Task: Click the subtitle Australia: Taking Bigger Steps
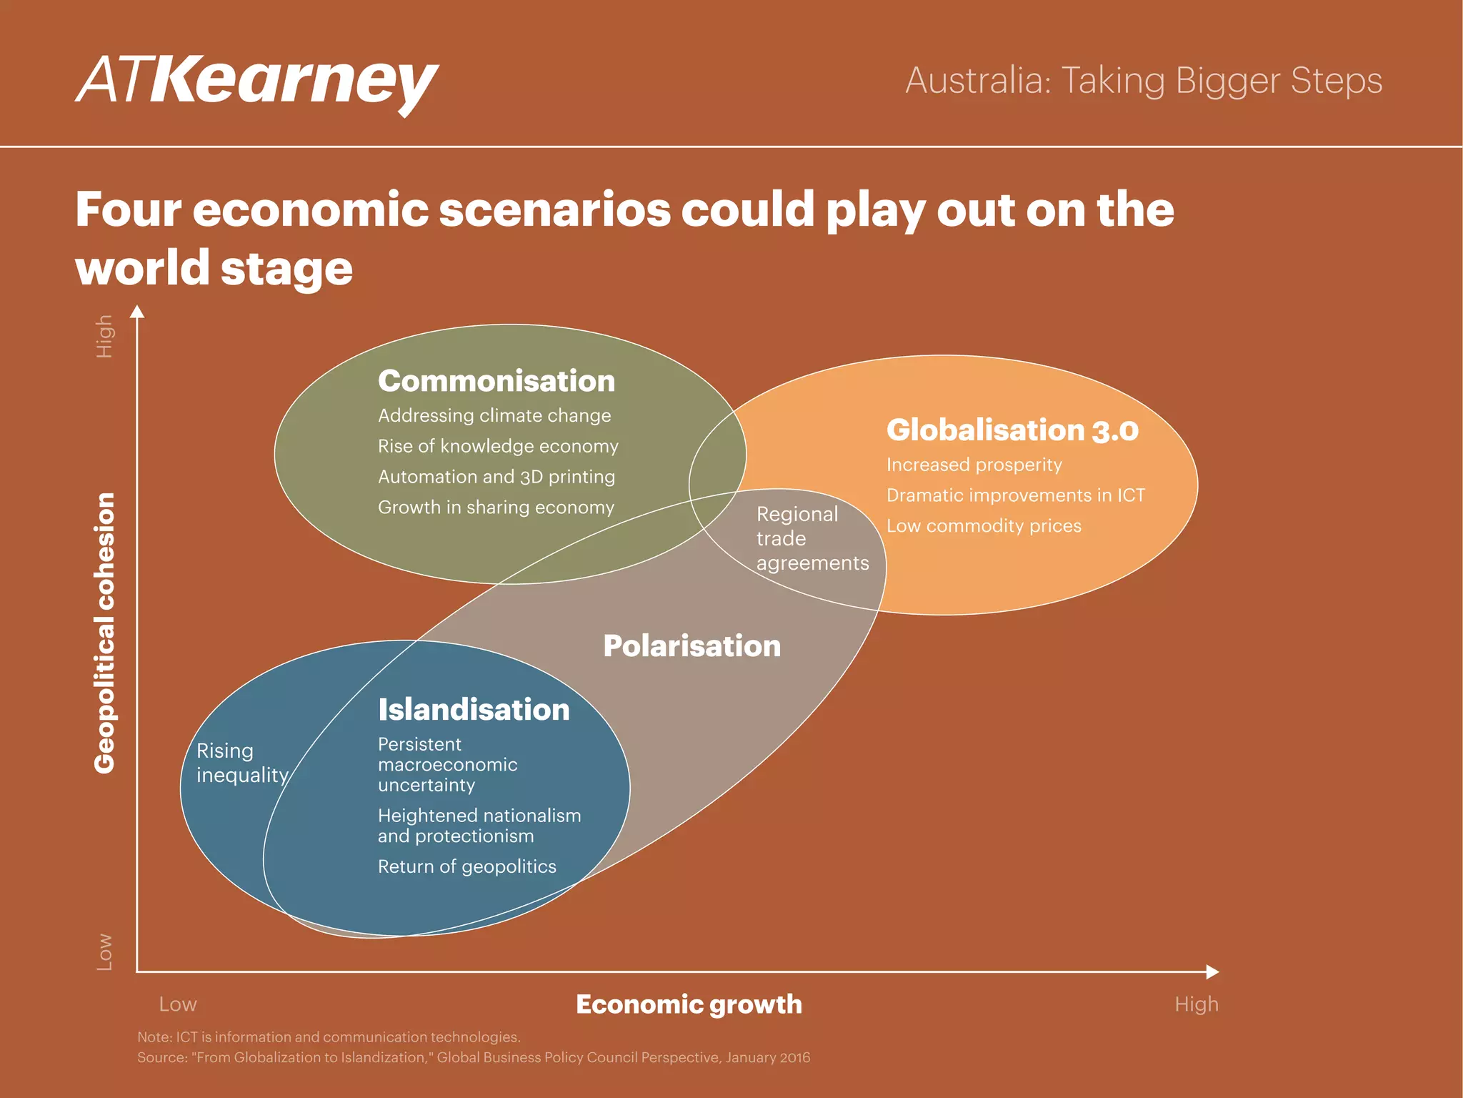[1144, 80]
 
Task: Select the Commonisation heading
[496, 381]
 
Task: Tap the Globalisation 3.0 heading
[1012, 430]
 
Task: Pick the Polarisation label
[691, 646]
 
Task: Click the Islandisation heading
[474, 710]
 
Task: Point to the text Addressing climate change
[494, 415]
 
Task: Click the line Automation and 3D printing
[496, 477]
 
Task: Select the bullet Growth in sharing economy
[496, 508]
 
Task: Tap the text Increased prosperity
[974, 465]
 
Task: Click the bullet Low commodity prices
[984, 526]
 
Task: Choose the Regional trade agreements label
[812, 538]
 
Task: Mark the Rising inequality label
[241, 763]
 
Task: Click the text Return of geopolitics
[466, 866]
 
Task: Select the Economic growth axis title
[689, 1004]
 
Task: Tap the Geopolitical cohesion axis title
[105, 633]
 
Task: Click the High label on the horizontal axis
[1196, 1004]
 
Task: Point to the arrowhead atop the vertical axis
[137, 312]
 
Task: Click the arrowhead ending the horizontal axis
[1212, 971]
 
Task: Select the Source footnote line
[474, 1057]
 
